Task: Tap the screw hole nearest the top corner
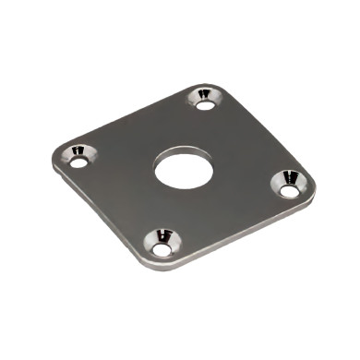[x=205, y=103]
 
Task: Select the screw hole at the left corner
[x=78, y=162]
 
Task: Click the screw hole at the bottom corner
[x=162, y=249]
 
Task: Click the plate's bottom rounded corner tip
[x=157, y=269]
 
